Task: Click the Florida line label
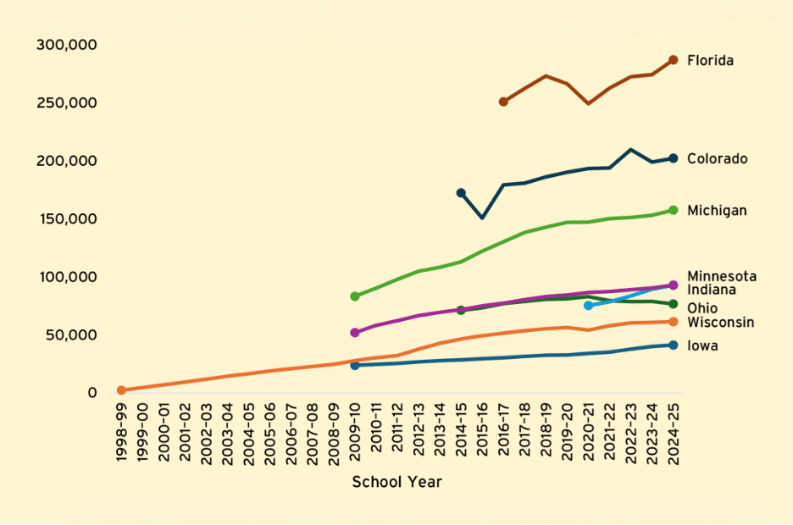710,61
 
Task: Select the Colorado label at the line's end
717,159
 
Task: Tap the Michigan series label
717,211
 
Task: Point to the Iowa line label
702,345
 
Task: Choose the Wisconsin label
720,323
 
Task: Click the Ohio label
701,308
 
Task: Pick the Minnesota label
722,277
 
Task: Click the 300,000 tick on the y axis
67,44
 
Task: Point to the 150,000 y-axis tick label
67,218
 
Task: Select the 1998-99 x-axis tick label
122,433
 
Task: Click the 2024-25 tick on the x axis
673,433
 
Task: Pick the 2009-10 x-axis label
355,433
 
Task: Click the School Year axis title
396,483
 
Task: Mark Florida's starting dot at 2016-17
503,102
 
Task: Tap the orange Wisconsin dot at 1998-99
121,390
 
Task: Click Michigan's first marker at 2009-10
355,296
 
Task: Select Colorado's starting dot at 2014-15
461,193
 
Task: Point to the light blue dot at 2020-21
588,305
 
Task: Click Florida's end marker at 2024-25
673,60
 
